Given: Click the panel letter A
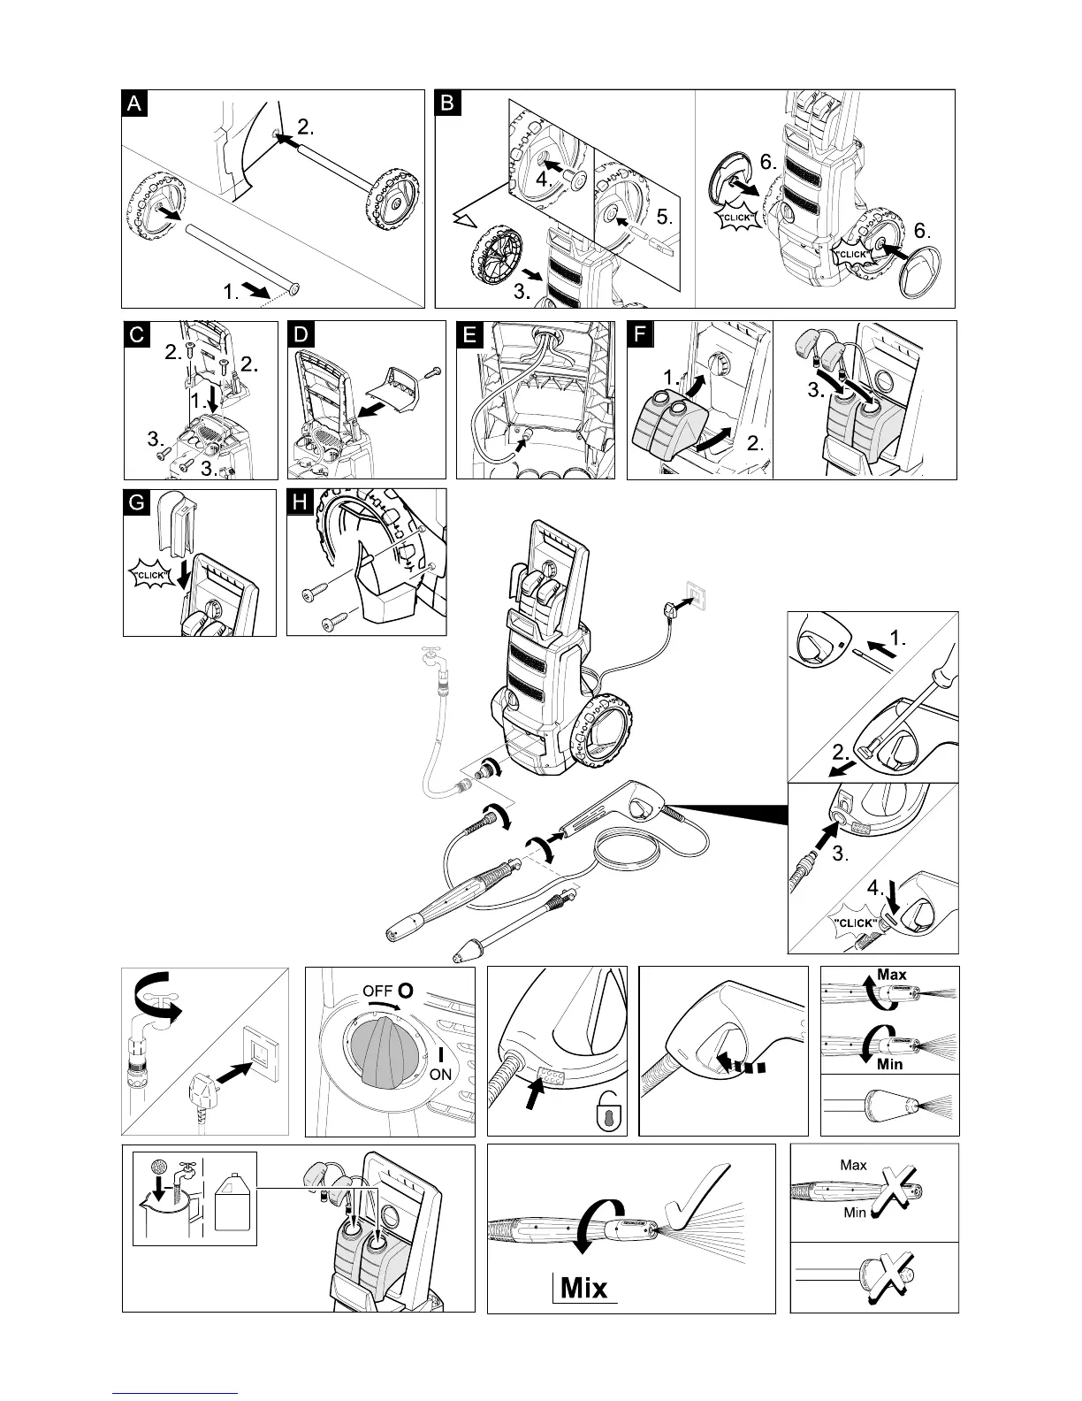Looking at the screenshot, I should (133, 103).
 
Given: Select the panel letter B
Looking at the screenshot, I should (447, 103).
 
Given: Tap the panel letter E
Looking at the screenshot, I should (469, 334).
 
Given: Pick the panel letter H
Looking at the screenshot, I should (300, 502).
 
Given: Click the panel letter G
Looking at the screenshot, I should (134, 502).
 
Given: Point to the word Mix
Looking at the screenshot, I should (583, 1287).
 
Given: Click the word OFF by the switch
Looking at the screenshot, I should (377, 991).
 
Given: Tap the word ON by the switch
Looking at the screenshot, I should (440, 1075).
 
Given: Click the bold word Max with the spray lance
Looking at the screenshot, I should (892, 975).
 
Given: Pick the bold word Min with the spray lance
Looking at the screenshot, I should (889, 1064).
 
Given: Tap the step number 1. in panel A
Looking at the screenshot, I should (231, 293).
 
